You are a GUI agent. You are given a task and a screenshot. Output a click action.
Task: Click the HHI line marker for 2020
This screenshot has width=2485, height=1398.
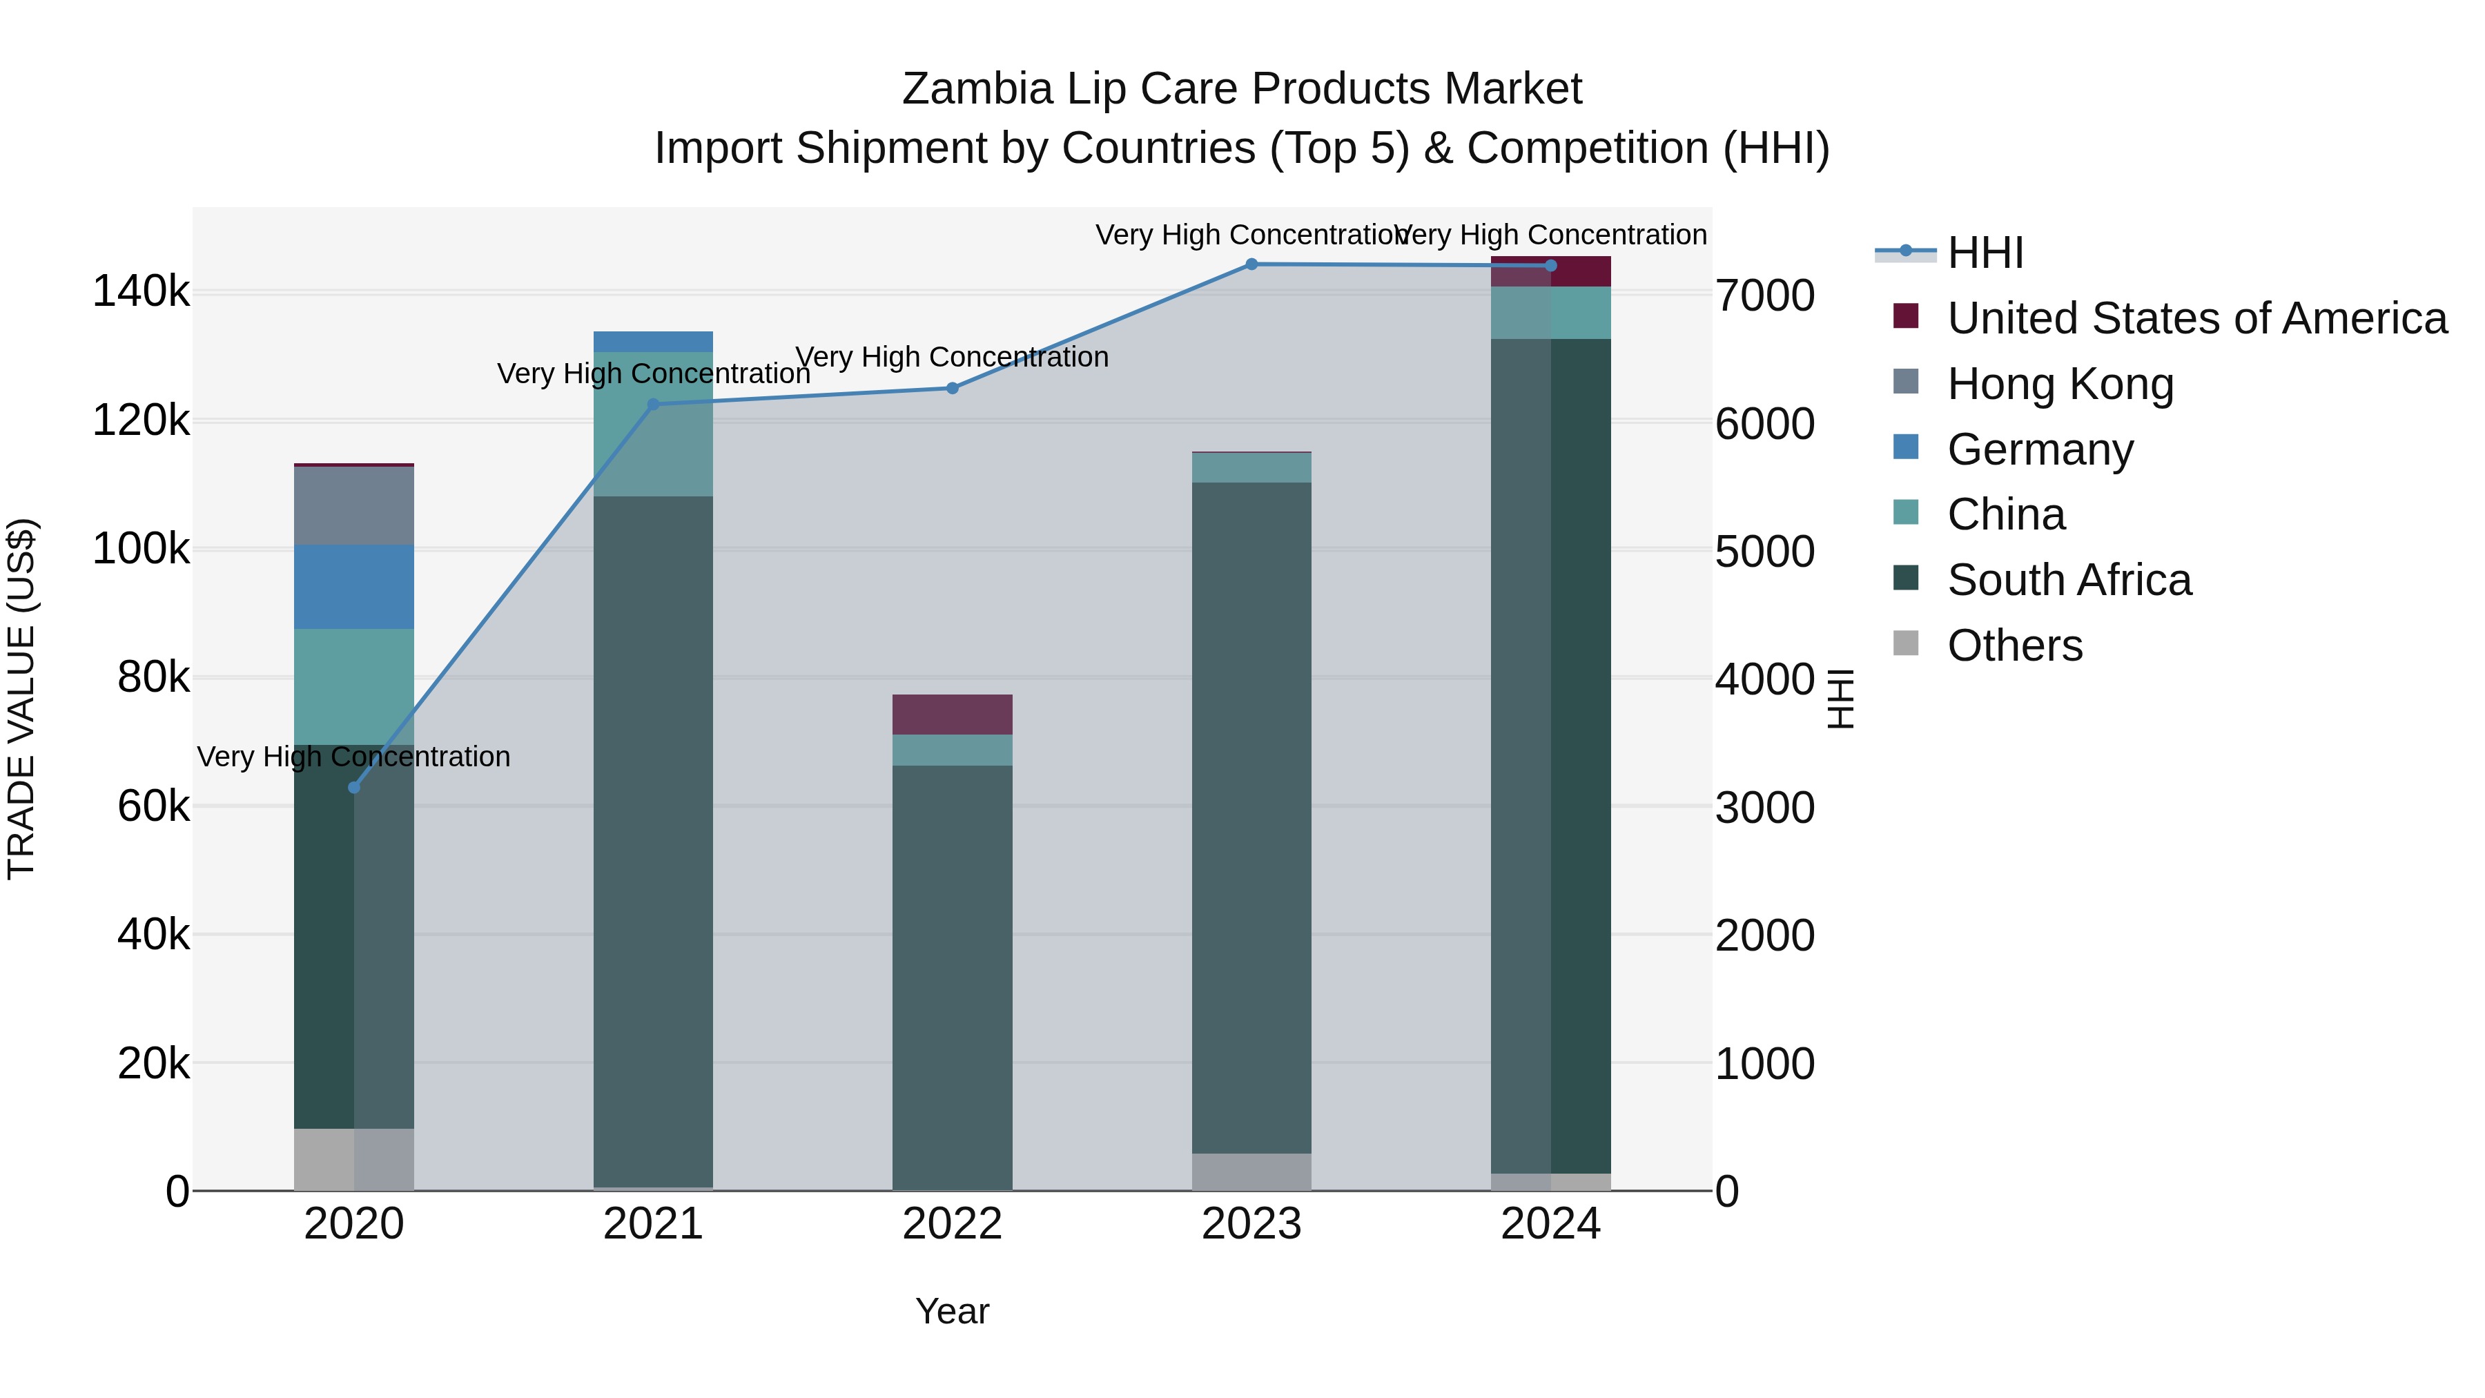(x=354, y=787)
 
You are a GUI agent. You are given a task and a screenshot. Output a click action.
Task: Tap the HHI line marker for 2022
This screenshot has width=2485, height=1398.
(x=952, y=388)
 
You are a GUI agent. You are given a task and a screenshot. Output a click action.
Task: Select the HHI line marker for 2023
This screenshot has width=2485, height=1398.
(x=1251, y=264)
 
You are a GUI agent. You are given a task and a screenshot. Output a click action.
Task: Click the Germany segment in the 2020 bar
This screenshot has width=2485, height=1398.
(x=354, y=587)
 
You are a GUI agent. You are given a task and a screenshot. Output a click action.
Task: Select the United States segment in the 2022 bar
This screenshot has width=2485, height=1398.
(x=952, y=714)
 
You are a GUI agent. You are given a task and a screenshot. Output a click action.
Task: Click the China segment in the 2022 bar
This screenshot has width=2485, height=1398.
(x=952, y=750)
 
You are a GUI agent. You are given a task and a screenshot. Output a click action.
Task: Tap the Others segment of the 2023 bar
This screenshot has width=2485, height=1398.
(x=1251, y=1172)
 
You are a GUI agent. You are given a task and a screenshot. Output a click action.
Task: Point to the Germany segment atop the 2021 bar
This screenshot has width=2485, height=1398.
(x=653, y=340)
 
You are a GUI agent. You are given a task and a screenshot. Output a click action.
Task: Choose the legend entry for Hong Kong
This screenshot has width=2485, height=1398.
(x=2060, y=384)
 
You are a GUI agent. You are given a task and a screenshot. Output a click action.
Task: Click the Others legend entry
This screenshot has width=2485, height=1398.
(x=2014, y=645)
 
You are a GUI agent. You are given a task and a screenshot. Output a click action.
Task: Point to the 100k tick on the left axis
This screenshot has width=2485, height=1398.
(x=141, y=549)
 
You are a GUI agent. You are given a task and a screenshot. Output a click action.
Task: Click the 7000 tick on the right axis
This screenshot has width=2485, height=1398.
(x=1764, y=295)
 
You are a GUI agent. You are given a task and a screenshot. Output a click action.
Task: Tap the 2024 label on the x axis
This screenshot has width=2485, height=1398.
(x=1550, y=1224)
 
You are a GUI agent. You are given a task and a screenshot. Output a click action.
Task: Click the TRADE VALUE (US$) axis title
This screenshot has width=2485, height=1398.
(x=21, y=699)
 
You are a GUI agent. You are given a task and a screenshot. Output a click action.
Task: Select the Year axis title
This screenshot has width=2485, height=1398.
(x=952, y=1311)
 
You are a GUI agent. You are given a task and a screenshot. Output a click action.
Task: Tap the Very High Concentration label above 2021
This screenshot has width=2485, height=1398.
(x=653, y=373)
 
